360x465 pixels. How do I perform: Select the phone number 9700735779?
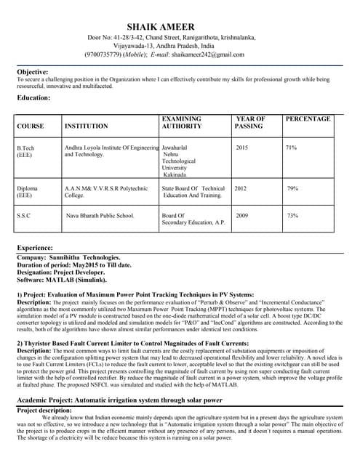(x=104, y=54)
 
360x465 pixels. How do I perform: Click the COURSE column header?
(x=30, y=126)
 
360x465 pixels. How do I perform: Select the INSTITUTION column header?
(x=86, y=126)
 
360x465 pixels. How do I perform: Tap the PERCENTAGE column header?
(x=308, y=118)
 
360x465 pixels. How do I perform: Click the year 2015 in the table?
(x=242, y=147)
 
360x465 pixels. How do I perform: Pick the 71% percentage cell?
(x=291, y=147)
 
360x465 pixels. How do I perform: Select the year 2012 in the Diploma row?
(x=240, y=188)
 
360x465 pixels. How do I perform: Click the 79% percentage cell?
(x=292, y=188)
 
